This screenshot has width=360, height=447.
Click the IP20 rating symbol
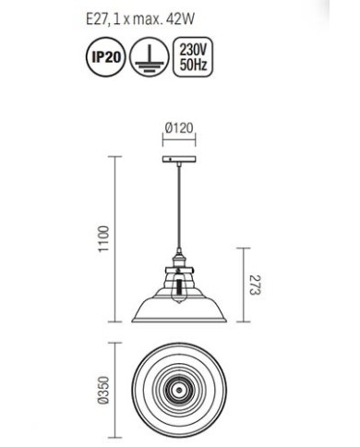point(106,56)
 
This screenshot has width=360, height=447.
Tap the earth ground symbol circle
point(150,56)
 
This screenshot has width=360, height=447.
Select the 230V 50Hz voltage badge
point(193,56)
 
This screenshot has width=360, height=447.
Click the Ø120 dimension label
point(179,127)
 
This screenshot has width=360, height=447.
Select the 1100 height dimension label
point(103,239)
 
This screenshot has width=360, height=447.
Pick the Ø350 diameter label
point(103,390)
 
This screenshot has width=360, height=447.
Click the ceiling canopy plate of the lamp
point(179,160)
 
